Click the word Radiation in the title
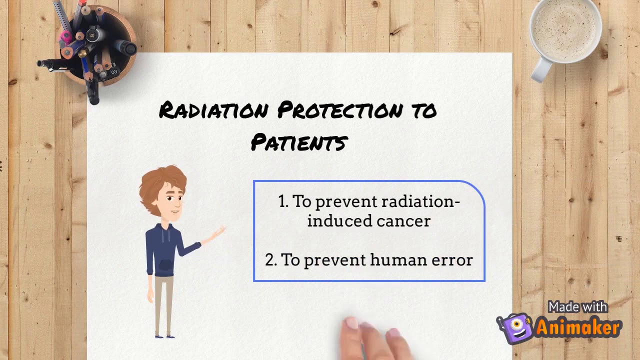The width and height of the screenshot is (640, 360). point(213,110)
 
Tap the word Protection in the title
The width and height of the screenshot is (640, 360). point(339,110)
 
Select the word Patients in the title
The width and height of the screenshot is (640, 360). point(298,142)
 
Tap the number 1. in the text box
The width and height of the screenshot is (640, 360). point(283,201)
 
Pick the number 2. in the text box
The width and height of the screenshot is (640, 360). point(271,260)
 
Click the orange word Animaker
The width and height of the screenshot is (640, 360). point(578,327)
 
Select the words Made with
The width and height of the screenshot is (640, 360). point(577,307)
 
